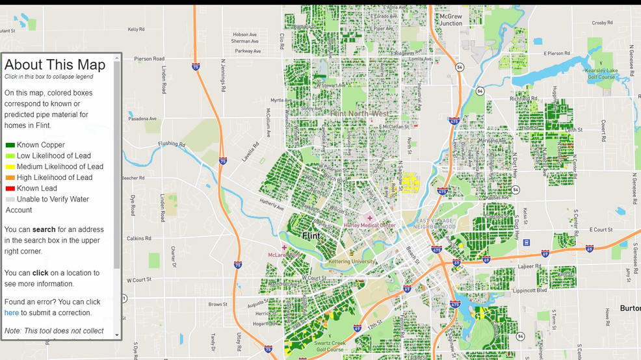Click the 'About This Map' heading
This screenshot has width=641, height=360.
[x=55, y=64]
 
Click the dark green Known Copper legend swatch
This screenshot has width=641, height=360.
[x=10, y=145]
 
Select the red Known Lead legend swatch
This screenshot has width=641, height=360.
[x=10, y=188]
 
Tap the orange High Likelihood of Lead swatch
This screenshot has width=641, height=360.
[x=10, y=177]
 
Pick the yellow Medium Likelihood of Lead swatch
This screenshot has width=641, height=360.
[x=10, y=167]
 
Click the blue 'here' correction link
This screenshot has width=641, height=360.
[x=11, y=313]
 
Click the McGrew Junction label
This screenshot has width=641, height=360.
[x=451, y=19]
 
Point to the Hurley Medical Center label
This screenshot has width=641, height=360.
[x=369, y=225]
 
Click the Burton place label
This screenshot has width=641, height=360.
[x=629, y=308]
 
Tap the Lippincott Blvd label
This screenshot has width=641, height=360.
[x=533, y=290]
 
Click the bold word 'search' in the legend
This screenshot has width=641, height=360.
[x=44, y=229]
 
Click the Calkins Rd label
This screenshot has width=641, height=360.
[x=138, y=238]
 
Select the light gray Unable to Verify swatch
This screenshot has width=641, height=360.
[x=10, y=199]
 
